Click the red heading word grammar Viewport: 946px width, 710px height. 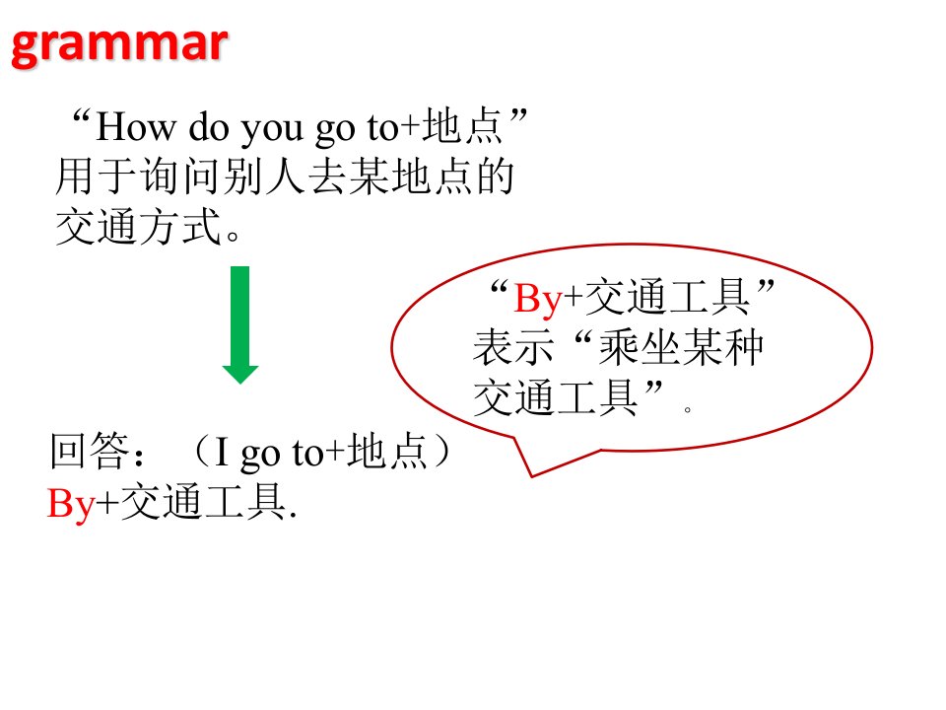pyautogui.click(x=119, y=46)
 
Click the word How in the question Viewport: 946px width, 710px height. pyautogui.click(x=136, y=127)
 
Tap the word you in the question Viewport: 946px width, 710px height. pyautogui.click(x=272, y=130)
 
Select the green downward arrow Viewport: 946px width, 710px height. pyautogui.click(x=240, y=324)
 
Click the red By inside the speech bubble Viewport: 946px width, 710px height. pyautogui.click(x=538, y=299)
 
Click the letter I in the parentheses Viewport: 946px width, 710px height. pyautogui.click(x=222, y=453)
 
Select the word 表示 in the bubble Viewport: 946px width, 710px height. pyautogui.click(x=512, y=348)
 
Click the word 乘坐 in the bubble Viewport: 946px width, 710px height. pyautogui.click(x=640, y=348)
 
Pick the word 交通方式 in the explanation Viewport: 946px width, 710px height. pyautogui.click(x=138, y=227)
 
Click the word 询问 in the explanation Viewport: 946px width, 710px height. pyautogui.click(x=180, y=177)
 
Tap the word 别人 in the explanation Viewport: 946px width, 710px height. pyautogui.click(x=264, y=177)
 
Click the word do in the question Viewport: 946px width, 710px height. pyautogui.click(x=209, y=127)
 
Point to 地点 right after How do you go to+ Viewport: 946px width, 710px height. pyautogui.click(x=462, y=126)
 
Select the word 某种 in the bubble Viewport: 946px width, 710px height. pyautogui.click(x=722, y=348)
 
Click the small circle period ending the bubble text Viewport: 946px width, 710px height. pyautogui.click(x=687, y=409)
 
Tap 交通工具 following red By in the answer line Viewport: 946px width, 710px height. pyautogui.click(x=203, y=502)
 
